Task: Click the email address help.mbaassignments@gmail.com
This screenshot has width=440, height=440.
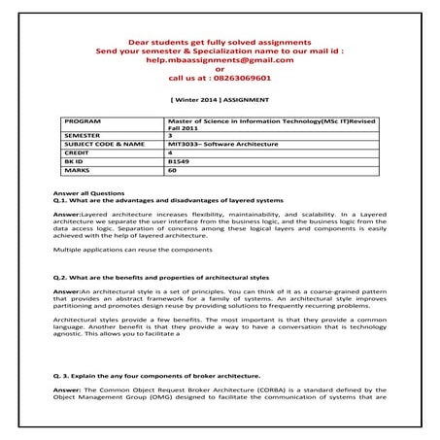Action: tap(220, 59)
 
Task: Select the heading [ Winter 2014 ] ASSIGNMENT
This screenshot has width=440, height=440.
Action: tap(220, 100)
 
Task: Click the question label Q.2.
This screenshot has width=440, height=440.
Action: tap(63, 278)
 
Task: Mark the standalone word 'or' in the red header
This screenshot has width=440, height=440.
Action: tap(220, 68)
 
